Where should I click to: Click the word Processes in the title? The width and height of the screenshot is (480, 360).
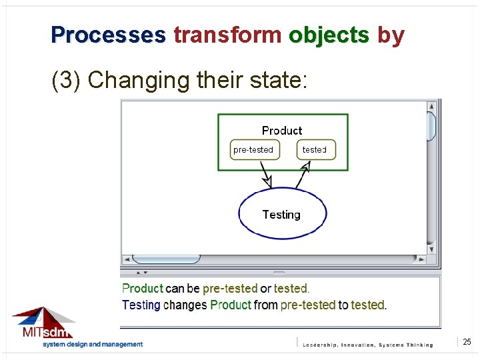[108, 35]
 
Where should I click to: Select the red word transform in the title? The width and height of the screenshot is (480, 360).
[227, 35]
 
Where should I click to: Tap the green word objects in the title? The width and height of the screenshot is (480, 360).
[329, 35]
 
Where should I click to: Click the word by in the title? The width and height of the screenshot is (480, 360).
[391, 35]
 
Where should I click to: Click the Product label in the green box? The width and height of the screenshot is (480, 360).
[281, 131]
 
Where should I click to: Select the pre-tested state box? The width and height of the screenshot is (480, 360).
[253, 150]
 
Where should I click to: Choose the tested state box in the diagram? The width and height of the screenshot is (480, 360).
[315, 150]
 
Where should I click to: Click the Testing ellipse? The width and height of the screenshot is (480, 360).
[282, 214]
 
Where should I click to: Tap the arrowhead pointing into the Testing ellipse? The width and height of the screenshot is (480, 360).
[267, 181]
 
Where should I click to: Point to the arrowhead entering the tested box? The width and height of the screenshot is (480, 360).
[307, 165]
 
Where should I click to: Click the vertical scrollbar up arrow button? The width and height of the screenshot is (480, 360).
[432, 105]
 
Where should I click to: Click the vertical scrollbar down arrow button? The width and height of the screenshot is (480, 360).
[432, 249]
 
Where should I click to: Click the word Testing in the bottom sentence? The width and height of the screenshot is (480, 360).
[141, 305]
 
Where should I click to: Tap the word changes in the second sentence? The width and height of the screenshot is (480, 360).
[185, 305]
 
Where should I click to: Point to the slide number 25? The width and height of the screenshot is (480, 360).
[467, 342]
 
